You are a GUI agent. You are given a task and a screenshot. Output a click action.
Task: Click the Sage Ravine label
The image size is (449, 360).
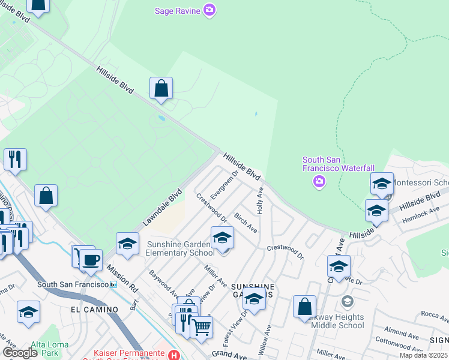177,10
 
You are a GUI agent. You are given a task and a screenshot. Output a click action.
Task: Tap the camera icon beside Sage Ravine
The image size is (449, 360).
209,10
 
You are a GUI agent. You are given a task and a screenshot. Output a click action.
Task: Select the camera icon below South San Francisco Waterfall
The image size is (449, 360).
319,181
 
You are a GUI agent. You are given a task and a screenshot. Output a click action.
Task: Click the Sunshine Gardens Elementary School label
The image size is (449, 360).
179,248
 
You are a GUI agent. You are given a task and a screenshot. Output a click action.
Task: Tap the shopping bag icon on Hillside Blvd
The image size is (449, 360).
161,89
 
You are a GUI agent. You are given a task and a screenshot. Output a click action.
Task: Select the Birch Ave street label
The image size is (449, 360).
246,222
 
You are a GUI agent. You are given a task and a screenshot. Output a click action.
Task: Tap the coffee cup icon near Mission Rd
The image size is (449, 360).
91,260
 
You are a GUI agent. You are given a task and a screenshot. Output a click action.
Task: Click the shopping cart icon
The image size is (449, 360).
202,326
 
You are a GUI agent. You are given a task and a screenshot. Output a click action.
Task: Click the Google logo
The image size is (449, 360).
20,353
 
